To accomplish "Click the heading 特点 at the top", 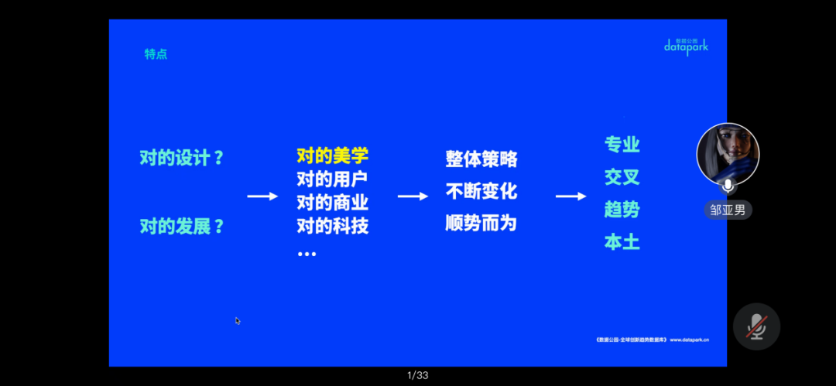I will coord(156,54).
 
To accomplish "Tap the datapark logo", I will coord(686,47).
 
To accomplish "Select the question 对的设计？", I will coord(182,158).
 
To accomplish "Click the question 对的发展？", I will coord(182,227).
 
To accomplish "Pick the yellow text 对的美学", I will coord(332,155).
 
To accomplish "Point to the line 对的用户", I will coord(332,179).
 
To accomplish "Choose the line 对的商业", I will coord(332,203).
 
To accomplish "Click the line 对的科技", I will coord(332,227).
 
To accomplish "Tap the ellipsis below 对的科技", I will coord(307,254).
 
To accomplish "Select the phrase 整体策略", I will coord(481,159).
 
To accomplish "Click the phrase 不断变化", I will coord(481,191).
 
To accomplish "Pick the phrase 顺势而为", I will coord(481,224).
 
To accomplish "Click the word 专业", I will coord(622,145).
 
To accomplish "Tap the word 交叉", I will coord(622,177).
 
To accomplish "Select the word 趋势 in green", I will coord(622,210).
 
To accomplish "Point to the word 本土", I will coord(622,242).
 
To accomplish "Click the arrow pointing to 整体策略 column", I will coord(413,196).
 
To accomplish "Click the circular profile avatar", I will coord(728,153).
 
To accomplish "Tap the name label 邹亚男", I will coord(728,210).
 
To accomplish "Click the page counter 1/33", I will coord(418,376).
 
